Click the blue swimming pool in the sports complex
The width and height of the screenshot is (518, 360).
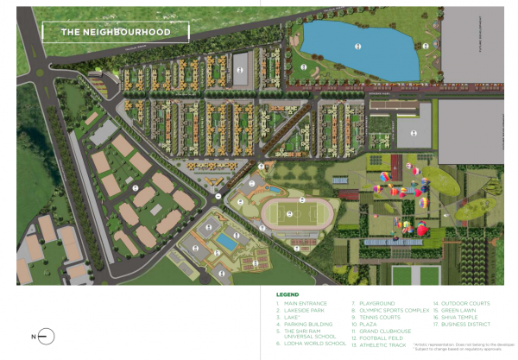click(x=226, y=239)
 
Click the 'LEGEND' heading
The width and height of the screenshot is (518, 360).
click(x=287, y=294)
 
